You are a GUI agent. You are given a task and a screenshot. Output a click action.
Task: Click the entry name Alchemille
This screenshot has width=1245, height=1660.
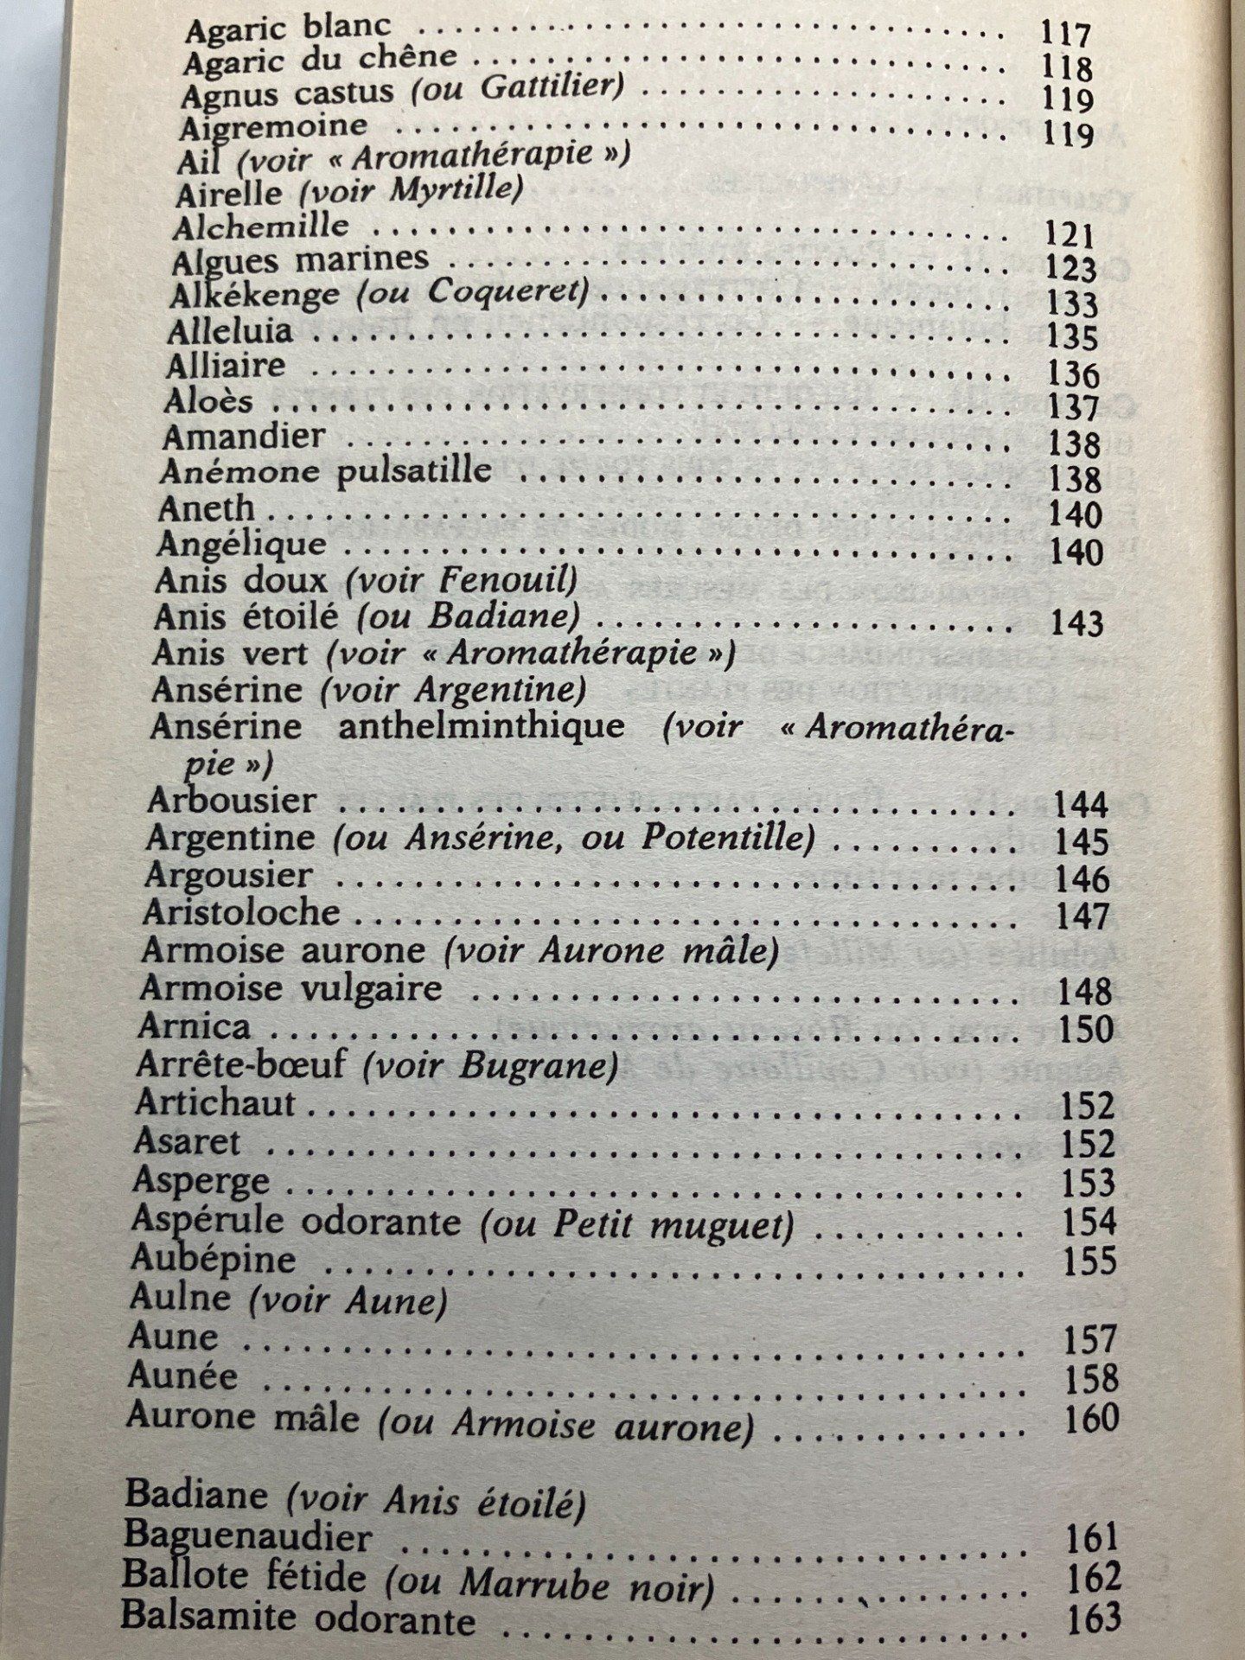[x=260, y=227]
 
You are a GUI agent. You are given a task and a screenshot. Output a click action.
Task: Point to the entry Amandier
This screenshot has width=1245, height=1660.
[x=244, y=436]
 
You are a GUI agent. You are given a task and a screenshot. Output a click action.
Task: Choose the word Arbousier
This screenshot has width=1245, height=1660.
[x=232, y=800]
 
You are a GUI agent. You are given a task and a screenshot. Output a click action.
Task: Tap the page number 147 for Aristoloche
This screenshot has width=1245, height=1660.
[x=1082, y=916]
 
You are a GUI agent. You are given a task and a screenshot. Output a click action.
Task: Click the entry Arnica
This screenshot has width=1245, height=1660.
[x=195, y=1027]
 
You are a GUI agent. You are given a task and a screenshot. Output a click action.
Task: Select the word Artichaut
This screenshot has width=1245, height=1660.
[x=216, y=1103]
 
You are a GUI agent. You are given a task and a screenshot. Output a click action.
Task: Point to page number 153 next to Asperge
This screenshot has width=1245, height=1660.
[x=1088, y=1183]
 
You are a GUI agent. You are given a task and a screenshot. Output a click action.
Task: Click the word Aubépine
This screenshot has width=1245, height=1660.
[x=213, y=1259]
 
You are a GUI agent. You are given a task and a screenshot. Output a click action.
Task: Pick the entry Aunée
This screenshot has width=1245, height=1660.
[x=182, y=1376]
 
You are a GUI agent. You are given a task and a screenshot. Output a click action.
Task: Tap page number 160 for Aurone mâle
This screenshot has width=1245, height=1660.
[x=1091, y=1419]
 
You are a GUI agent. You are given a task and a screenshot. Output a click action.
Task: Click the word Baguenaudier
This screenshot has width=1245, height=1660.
[x=248, y=1537]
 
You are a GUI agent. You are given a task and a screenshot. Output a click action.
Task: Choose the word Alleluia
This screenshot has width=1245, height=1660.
[x=230, y=332]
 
